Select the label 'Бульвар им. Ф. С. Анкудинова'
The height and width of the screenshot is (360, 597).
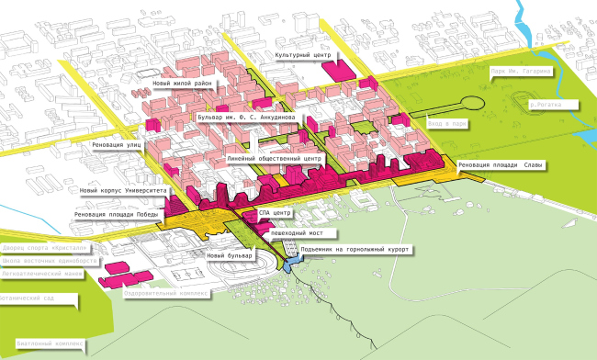coord(245,118)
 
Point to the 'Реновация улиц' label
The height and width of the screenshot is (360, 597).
coord(117,145)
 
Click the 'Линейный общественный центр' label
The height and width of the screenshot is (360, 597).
coord(273,159)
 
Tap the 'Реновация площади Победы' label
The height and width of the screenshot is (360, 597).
coord(118,215)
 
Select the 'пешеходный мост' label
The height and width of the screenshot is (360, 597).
coord(293,233)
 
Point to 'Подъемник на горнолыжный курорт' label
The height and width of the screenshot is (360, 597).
coord(351,249)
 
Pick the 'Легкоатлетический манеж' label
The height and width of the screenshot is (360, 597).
coord(40,273)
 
